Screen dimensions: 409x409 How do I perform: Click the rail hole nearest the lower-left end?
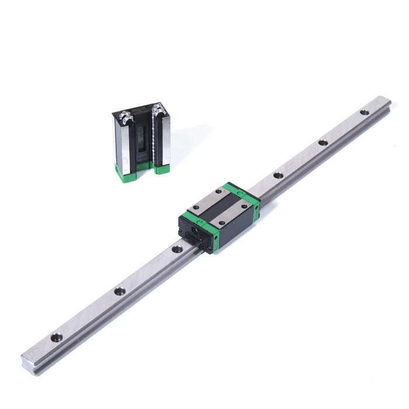point(56,337)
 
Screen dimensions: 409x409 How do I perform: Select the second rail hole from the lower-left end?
point(119,290)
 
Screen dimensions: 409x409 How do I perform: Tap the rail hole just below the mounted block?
point(175,249)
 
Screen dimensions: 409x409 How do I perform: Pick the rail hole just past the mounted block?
point(278,175)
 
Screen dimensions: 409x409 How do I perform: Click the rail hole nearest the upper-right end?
point(365,112)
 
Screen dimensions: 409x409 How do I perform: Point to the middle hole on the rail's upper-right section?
point(322,143)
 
